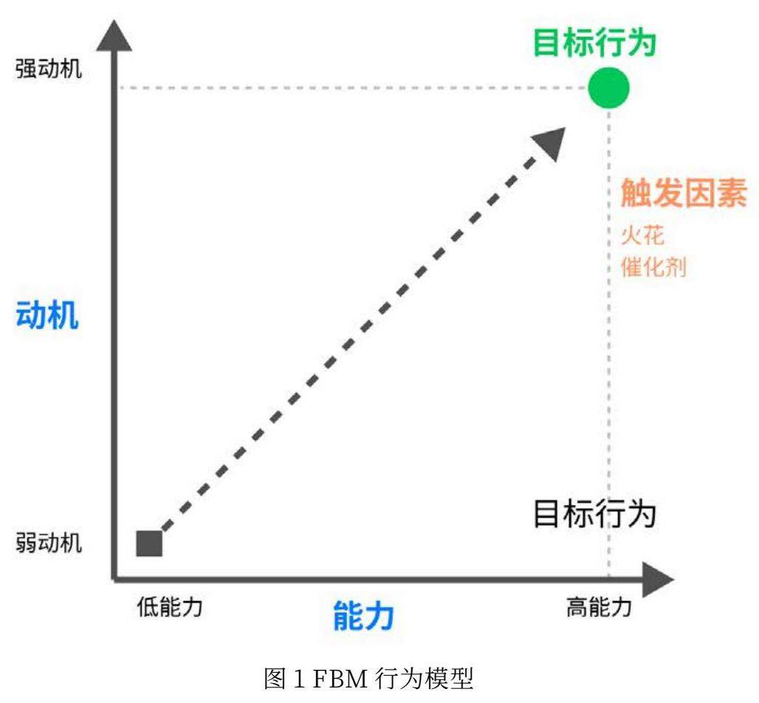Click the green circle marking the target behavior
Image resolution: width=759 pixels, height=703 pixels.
point(608,88)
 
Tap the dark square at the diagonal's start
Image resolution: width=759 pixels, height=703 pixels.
point(149,543)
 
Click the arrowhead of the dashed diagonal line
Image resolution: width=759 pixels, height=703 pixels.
point(550,143)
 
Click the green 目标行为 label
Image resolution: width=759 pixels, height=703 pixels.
point(594,43)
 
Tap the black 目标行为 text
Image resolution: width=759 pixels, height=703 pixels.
point(594,514)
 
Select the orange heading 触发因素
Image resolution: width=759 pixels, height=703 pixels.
point(683,194)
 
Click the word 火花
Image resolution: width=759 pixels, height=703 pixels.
point(642,236)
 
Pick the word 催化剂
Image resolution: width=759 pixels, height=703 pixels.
point(653,267)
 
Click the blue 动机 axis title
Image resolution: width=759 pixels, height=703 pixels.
point(47,316)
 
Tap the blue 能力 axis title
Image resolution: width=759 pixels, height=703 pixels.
point(363,615)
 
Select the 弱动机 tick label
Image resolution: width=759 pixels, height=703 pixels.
point(49,544)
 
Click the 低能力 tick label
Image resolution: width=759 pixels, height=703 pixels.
point(169,607)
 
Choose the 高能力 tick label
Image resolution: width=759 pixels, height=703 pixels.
point(599,607)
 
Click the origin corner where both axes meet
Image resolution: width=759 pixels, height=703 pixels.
point(114,577)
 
